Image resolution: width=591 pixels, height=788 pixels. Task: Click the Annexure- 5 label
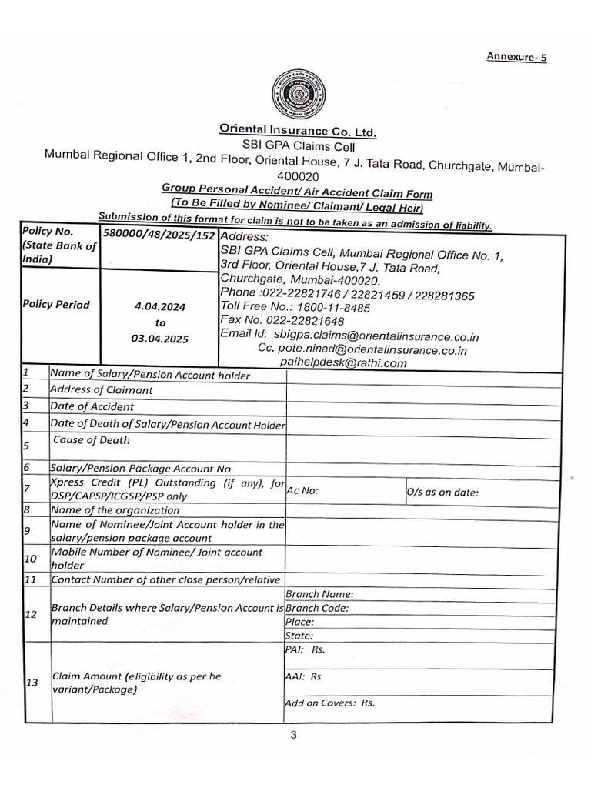pyautogui.click(x=516, y=57)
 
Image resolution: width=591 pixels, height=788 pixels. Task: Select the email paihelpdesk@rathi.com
pyautogui.click(x=332, y=363)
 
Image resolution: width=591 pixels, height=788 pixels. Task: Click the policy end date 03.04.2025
pyautogui.click(x=159, y=338)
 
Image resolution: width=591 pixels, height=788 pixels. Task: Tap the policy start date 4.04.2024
pyautogui.click(x=159, y=307)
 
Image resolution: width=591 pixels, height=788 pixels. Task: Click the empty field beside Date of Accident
pyautogui.click(x=419, y=406)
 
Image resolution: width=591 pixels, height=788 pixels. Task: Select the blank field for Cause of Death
pyautogui.click(x=419, y=446)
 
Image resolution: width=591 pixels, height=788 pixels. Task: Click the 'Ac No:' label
pyautogui.click(x=302, y=491)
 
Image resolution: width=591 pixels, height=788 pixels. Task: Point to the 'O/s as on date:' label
pyautogui.click(x=442, y=492)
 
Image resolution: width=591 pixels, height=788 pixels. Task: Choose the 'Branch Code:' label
pyautogui.click(x=317, y=608)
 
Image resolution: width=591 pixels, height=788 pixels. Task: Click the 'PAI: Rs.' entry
pyautogui.click(x=305, y=649)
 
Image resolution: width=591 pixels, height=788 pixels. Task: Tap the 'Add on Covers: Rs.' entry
pyautogui.click(x=329, y=703)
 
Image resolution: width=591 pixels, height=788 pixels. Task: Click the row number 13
pyautogui.click(x=32, y=683)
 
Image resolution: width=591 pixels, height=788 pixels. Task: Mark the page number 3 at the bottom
pyautogui.click(x=293, y=735)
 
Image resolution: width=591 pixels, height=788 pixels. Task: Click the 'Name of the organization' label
pyautogui.click(x=115, y=510)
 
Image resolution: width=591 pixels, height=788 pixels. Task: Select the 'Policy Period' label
pyautogui.click(x=56, y=305)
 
